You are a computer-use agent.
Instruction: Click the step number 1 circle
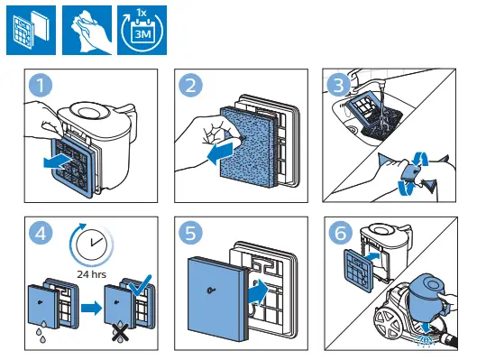[41, 85]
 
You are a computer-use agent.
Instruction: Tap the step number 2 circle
[191, 85]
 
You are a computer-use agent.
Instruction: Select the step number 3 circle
[338, 85]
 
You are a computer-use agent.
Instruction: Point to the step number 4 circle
[41, 234]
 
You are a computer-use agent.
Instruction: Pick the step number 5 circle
[191, 234]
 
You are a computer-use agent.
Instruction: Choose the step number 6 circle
[341, 234]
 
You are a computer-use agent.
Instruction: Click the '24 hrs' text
[92, 274]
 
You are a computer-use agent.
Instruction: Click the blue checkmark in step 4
[140, 285]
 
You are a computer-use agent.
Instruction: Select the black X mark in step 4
[121, 332]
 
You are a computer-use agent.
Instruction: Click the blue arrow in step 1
[57, 161]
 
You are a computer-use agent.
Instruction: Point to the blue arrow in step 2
[221, 152]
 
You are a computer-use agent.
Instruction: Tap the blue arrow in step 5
[258, 291]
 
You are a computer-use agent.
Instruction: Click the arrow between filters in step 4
[92, 309]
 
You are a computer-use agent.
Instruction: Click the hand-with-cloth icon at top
[87, 30]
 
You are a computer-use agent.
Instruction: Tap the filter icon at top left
[31, 30]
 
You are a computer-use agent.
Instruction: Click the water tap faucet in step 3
[365, 82]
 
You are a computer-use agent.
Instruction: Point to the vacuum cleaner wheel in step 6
[386, 323]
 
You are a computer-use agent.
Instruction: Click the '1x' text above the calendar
[142, 13]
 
